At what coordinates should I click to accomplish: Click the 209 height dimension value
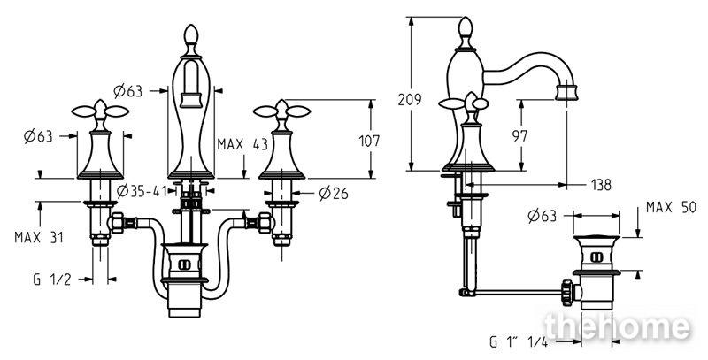pos(410,99)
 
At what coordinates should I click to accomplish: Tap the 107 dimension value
pos(369,142)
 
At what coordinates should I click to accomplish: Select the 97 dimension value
pos(519,136)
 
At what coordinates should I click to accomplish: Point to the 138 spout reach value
pos(601,185)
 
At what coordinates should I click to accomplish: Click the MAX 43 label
pos(242,144)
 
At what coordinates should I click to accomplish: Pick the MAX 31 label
pos(39,237)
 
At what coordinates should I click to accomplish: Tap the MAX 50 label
pos(672,208)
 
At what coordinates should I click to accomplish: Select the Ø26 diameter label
pos(334,194)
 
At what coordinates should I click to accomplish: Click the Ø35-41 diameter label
pos(142,191)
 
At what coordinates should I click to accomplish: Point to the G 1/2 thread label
pos(52,280)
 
